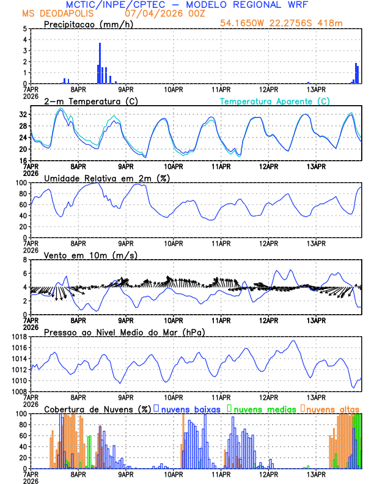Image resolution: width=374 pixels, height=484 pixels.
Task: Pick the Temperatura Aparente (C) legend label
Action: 274,101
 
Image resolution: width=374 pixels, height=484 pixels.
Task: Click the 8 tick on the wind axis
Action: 26,260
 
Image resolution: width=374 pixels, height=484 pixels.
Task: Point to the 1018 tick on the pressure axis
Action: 19,337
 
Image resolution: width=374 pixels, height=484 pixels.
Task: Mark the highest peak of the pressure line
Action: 293,340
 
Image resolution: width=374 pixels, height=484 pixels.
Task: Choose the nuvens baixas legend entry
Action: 191,409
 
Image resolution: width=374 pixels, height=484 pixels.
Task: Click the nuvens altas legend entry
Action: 332,409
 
